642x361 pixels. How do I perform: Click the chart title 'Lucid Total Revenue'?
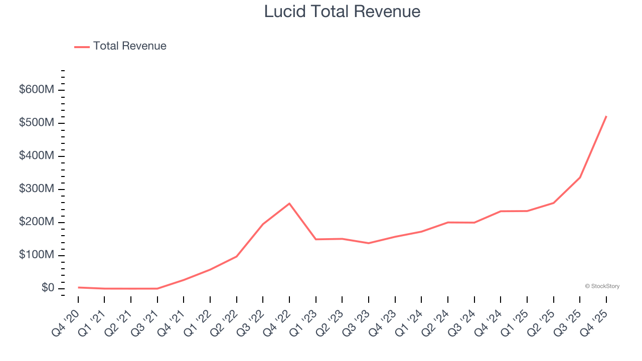(342, 11)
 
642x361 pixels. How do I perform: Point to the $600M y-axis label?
(37, 90)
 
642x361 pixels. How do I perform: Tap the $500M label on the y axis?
(37, 123)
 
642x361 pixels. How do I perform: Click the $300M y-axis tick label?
(37, 189)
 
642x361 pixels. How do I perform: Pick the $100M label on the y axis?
(37, 255)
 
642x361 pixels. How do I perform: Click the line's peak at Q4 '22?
(289, 204)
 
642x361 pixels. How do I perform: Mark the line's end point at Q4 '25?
(606, 116)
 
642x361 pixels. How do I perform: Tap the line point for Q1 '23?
(316, 239)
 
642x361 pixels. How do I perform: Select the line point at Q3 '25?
(580, 177)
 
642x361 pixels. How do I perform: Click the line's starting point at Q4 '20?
(78, 287)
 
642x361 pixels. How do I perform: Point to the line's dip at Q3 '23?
(369, 243)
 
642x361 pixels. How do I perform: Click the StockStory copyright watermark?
(602, 286)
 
